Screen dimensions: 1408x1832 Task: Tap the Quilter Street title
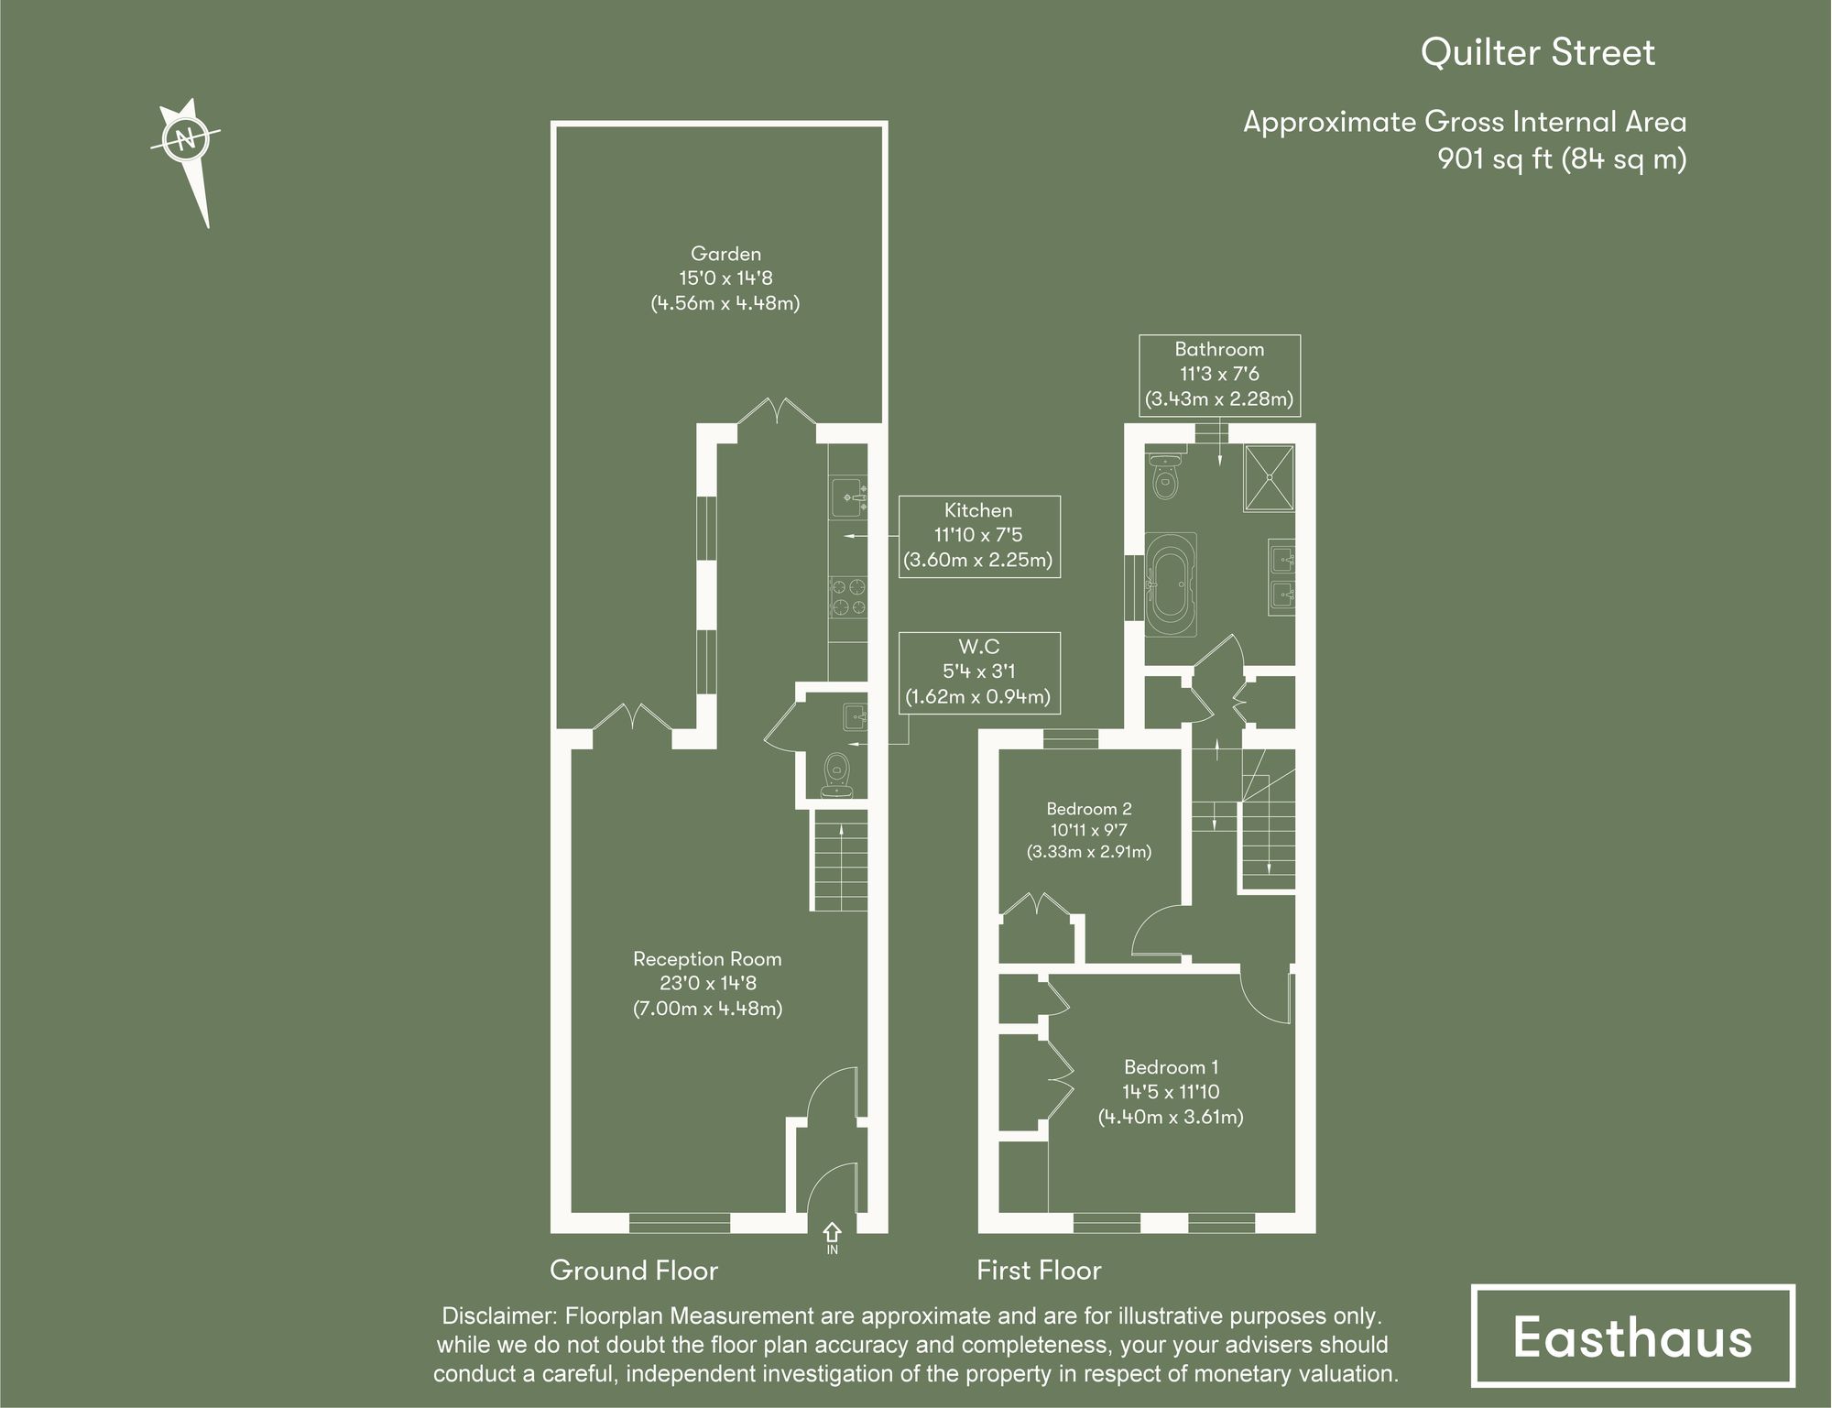coord(1537,53)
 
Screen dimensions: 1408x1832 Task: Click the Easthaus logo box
coord(1632,1337)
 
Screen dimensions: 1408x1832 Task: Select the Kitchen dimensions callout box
coord(978,536)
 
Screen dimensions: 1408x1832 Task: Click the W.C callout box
coord(978,671)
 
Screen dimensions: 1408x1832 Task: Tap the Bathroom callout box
coord(1218,374)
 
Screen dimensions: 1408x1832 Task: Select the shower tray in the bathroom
coord(1269,477)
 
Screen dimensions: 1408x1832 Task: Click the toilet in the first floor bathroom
coord(1165,476)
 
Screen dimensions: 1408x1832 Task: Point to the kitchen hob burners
coord(848,596)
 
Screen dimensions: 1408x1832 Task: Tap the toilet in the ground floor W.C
coord(835,772)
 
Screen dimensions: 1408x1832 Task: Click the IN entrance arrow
coord(832,1236)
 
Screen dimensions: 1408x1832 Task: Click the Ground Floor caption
coord(633,1271)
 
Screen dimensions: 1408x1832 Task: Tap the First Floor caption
coord(1038,1271)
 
